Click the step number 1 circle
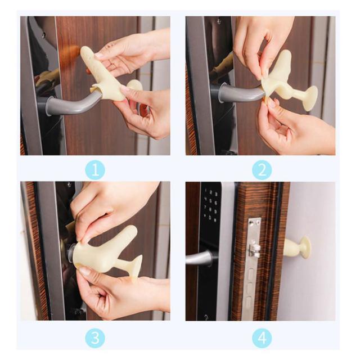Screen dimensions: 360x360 coord(95,170)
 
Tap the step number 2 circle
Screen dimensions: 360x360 coord(262,170)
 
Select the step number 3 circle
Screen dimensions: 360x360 coord(95,338)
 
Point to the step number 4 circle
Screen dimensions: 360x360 coord(262,338)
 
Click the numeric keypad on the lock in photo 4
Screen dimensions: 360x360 coord(210,205)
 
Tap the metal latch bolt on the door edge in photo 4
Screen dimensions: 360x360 coord(255,249)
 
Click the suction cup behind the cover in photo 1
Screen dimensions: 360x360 coord(136,85)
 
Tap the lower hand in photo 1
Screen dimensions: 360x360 coord(142,112)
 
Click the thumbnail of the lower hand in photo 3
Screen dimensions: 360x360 coord(84,272)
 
